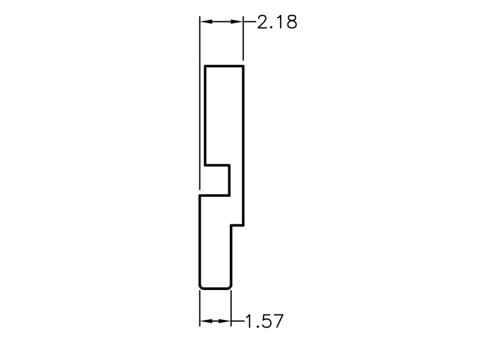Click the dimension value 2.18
coord(277,22)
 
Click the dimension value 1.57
coord(264,321)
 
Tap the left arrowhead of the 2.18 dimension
coord(206,22)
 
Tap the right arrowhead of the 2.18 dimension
coord(237,22)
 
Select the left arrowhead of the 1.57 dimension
coord(206,321)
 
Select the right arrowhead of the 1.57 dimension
coord(225,321)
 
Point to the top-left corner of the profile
coord(205,66)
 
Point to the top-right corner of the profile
coord(244,66)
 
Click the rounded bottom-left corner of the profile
coord(201,287)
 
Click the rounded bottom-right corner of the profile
coord(229,287)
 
